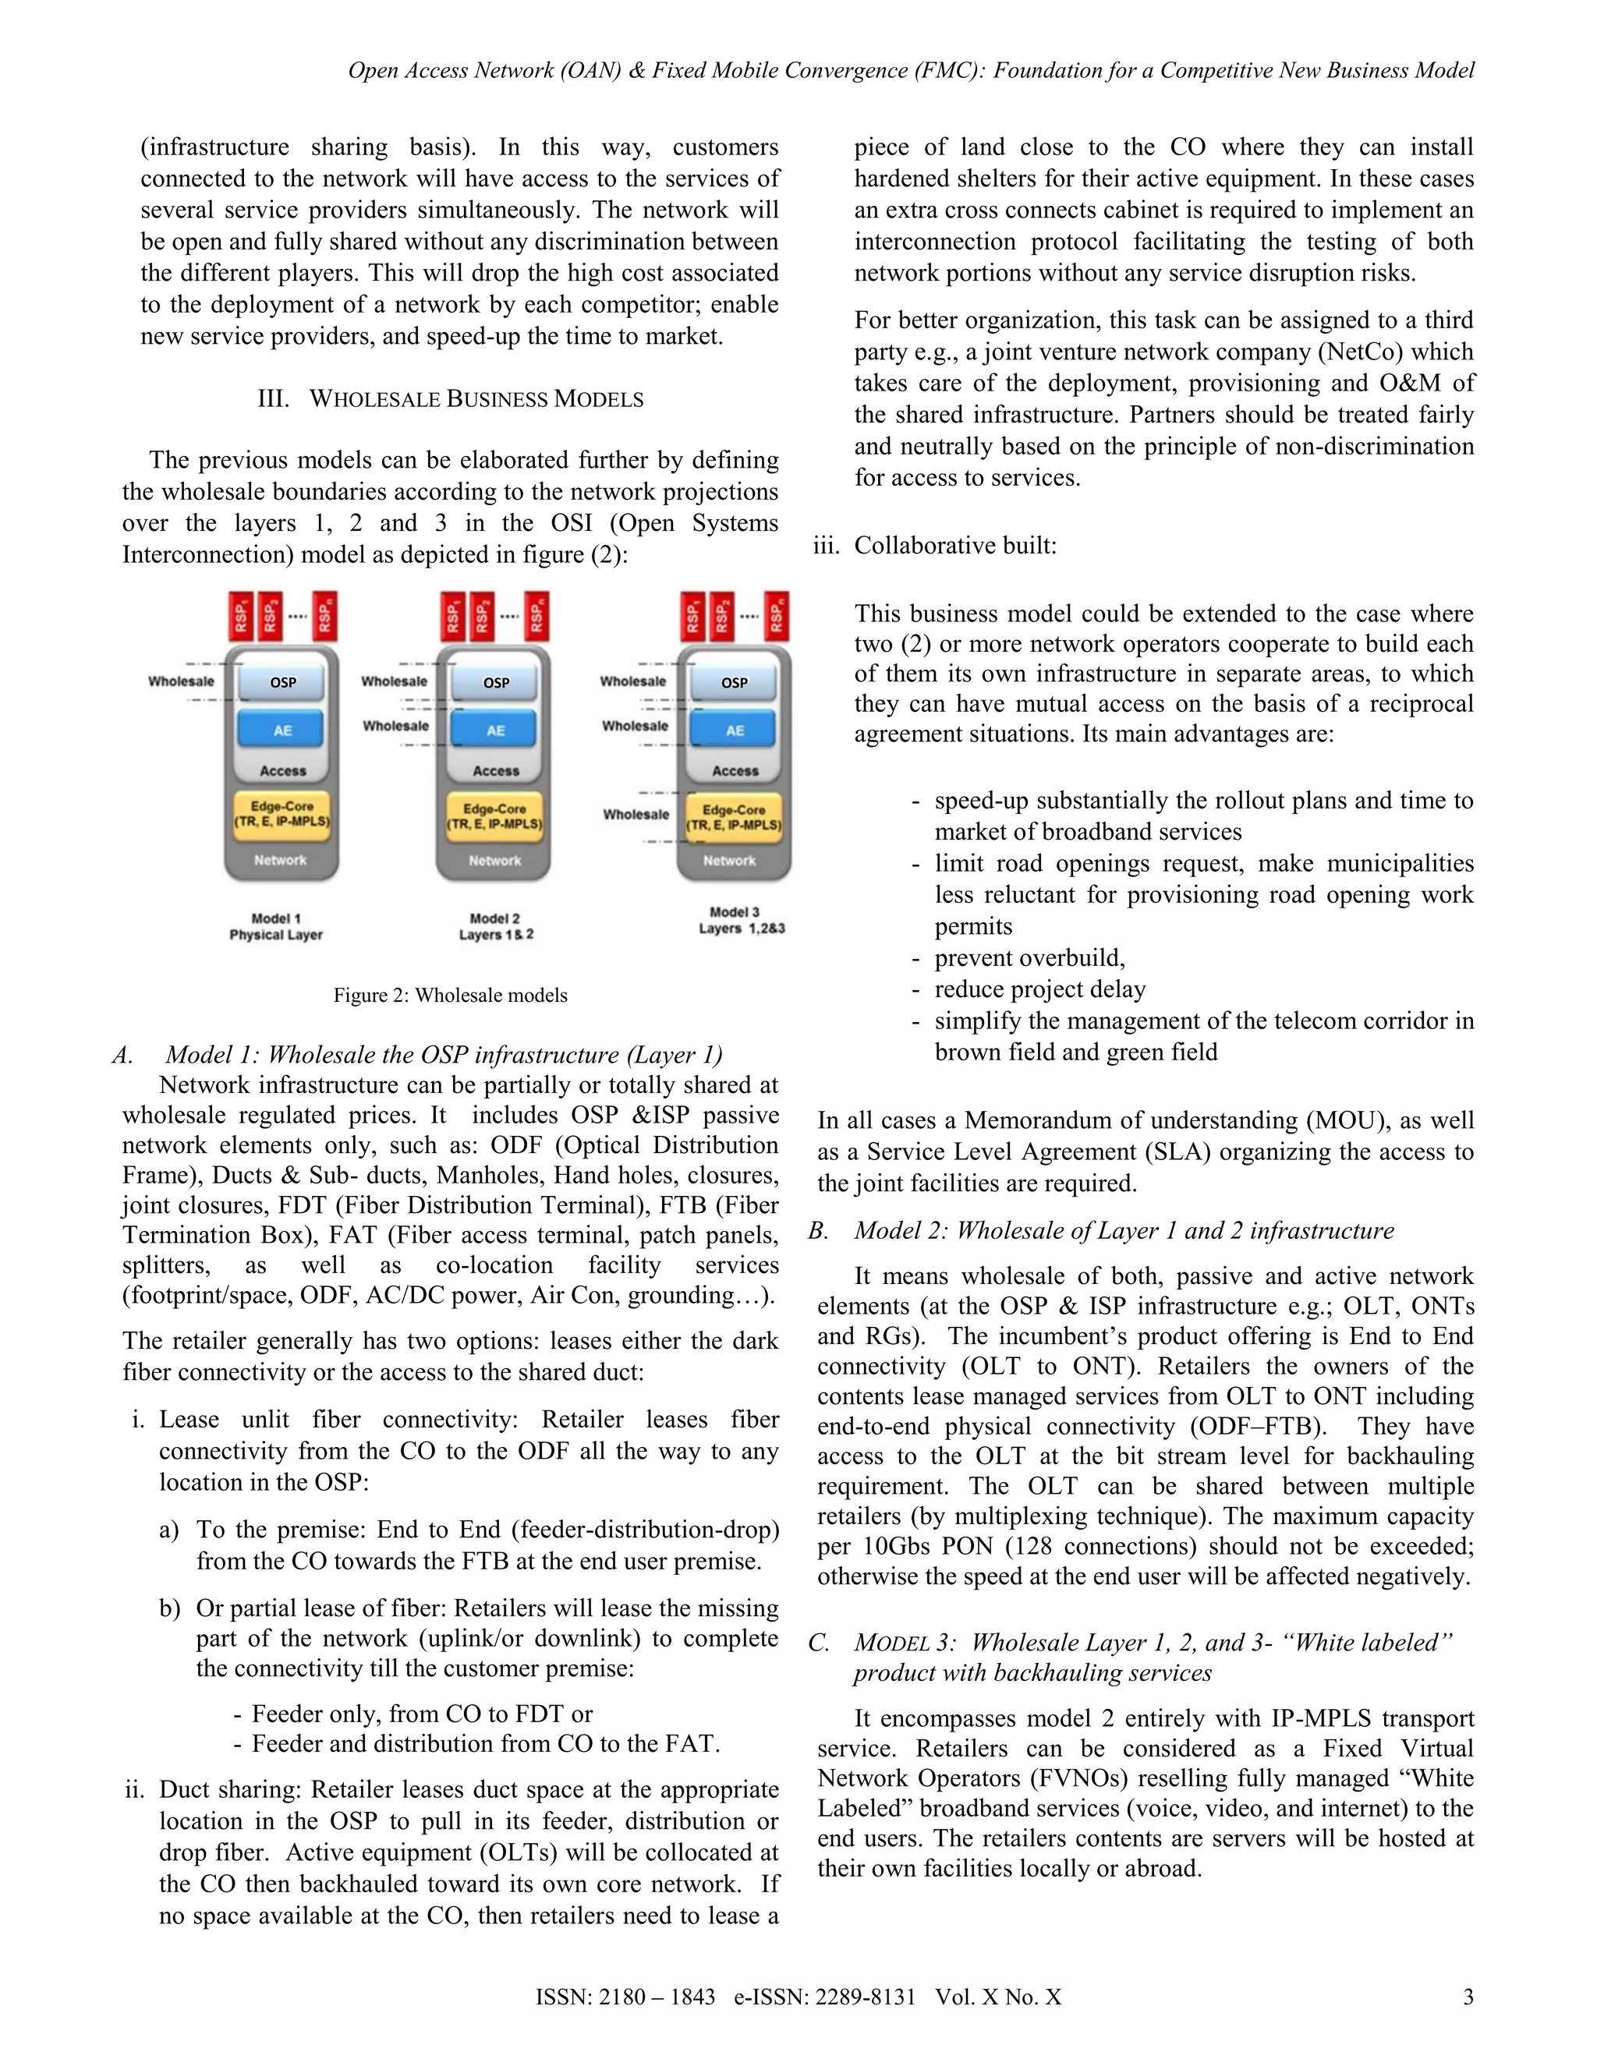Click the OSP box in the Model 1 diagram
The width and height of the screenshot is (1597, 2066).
click(x=283, y=682)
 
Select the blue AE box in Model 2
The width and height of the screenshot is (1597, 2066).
click(x=496, y=731)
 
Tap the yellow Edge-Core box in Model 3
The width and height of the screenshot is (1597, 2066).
click(x=735, y=817)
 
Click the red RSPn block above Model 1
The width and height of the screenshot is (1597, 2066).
click(x=324, y=617)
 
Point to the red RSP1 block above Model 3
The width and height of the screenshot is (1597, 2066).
click(x=693, y=617)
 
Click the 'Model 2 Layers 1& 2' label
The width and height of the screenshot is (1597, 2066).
click(x=496, y=926)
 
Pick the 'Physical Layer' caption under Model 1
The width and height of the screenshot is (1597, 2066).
click(x=276, y=935)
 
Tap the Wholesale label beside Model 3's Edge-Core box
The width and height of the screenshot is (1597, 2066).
click(x=636, y=815)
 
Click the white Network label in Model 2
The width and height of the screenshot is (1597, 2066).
click(x=495, y=861)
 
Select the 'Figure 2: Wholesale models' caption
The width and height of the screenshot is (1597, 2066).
click(x=451, y=995)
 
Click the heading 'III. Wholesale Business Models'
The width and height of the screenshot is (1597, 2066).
click(x=451, y=399)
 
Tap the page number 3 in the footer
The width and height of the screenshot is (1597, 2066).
click(x=1468, y=1997)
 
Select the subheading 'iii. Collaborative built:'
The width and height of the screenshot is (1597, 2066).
click(x=935, y=546)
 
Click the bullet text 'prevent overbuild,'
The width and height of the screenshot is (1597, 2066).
click(x=1029, y=958)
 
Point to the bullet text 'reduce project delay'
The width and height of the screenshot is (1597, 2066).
click(x=1039, y=989)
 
